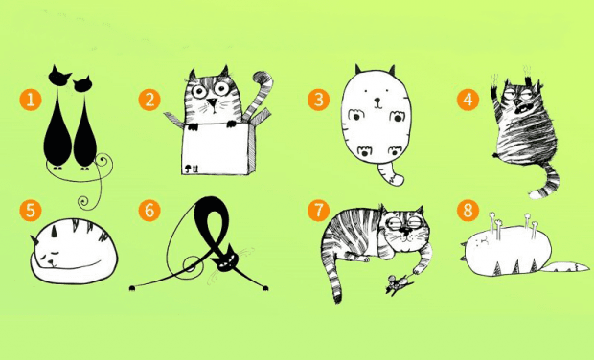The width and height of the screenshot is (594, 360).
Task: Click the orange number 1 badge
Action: pos(31,100)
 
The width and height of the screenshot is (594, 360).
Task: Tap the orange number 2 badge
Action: pos(149,100)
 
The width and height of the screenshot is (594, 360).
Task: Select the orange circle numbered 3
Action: pos(318,100)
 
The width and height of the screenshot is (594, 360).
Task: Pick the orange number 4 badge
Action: pos(468,100)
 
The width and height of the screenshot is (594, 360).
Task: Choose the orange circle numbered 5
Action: pos(31,211)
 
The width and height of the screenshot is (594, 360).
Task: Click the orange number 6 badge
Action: pos(149,211)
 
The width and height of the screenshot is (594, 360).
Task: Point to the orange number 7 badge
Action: pos(318,211)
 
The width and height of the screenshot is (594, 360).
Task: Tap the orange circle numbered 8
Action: pos(468,211)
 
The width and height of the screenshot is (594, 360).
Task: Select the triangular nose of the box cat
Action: pos(213,102)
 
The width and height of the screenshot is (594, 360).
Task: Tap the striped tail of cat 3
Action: pos(390,173)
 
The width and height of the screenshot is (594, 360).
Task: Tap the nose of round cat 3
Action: pos(377,101)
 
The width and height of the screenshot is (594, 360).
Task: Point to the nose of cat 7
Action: pos(405,230)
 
